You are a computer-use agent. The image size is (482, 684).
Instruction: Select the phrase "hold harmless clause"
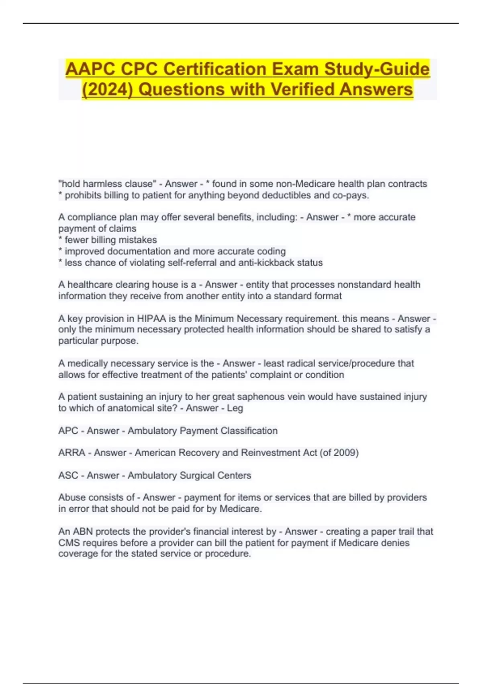point(107,184)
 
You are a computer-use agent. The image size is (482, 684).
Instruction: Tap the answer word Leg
point(235,408)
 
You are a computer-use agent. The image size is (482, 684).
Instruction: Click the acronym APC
point(68,431)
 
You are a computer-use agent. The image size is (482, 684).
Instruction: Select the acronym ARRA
point(72,453)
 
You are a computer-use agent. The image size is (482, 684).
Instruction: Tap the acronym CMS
point(69,543)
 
